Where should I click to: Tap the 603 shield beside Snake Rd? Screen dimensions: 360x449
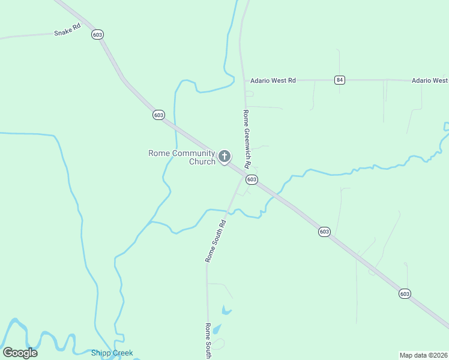tap(97, 35)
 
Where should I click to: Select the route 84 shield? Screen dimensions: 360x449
tap(340, 80)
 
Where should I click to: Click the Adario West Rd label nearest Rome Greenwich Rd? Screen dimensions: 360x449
tap(273, 80)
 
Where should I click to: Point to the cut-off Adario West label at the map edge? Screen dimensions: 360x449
tap(429, 80)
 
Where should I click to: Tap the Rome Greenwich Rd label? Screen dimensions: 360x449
tap(246, 139)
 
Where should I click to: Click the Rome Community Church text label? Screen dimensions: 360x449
tap(181, 157)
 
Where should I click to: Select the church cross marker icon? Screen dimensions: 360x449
tap(224, 157)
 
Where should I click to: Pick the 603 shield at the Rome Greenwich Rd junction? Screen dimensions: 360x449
tap(252, 179)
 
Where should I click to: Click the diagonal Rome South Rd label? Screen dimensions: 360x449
tap(215, 241)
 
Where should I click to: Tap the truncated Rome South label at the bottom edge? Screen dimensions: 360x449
tap(208, 341)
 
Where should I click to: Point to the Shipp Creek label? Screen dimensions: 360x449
tap(112, 353)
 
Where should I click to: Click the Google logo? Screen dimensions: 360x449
tap(20, 353)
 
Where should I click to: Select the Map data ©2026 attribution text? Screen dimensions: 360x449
tap(423, 355)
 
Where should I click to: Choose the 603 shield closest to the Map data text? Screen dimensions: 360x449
tap(405, 293)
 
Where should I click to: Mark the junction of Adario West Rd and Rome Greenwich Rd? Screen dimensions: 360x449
tap(244, 80)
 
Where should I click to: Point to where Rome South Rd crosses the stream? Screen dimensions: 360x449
tap(227, 211)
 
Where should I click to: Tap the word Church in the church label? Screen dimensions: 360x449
tap(202, 161)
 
